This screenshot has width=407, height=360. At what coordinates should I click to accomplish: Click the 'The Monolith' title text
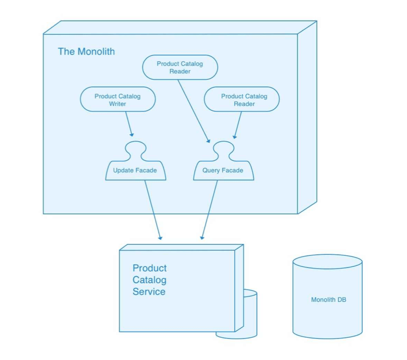(86, 51)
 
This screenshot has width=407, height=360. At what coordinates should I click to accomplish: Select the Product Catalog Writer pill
(118, 100)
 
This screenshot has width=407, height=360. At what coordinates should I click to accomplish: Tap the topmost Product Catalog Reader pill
(180, 68)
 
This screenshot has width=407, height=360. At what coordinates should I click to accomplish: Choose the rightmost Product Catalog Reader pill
(242, 100)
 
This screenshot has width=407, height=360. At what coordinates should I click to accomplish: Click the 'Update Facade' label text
(135, 170)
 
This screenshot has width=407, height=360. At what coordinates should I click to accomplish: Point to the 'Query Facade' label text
(223, 170)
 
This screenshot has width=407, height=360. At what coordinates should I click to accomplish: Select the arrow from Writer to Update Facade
(129, 124)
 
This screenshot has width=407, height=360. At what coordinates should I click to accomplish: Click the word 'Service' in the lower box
(149, 292)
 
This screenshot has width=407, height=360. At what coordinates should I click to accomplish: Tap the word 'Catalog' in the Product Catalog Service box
(149, 280)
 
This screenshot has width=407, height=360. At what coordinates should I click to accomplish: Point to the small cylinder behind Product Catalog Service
(249, 315)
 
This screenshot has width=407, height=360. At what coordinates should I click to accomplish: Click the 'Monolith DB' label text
(328, 300)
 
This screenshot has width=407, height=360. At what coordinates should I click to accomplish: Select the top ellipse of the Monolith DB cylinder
(328, 262)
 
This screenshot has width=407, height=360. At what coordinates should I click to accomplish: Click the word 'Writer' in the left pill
(118, 104)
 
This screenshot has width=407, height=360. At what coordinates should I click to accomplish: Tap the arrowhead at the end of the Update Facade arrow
(160, 237)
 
